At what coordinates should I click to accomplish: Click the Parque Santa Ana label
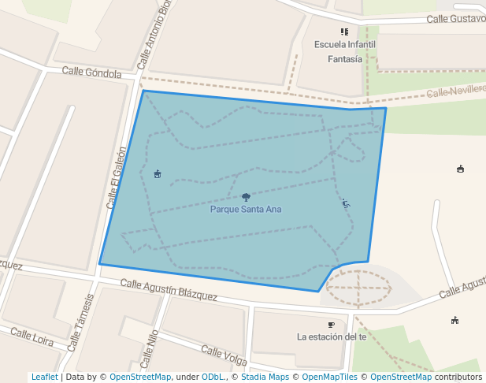246,210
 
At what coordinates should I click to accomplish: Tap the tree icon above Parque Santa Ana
246,197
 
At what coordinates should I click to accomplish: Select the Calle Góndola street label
92,73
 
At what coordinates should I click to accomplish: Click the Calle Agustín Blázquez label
169,289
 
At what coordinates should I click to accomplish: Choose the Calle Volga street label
224,355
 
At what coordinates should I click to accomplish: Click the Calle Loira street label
33,340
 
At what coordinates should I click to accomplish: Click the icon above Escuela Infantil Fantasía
344,32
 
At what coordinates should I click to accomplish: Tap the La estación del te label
332,337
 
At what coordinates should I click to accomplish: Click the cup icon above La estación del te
331,324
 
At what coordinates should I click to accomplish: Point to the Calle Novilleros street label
456,91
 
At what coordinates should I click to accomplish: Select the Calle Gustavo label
456,18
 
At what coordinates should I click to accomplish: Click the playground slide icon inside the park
345,203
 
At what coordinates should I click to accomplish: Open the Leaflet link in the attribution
45,377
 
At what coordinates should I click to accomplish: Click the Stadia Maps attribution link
265,377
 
